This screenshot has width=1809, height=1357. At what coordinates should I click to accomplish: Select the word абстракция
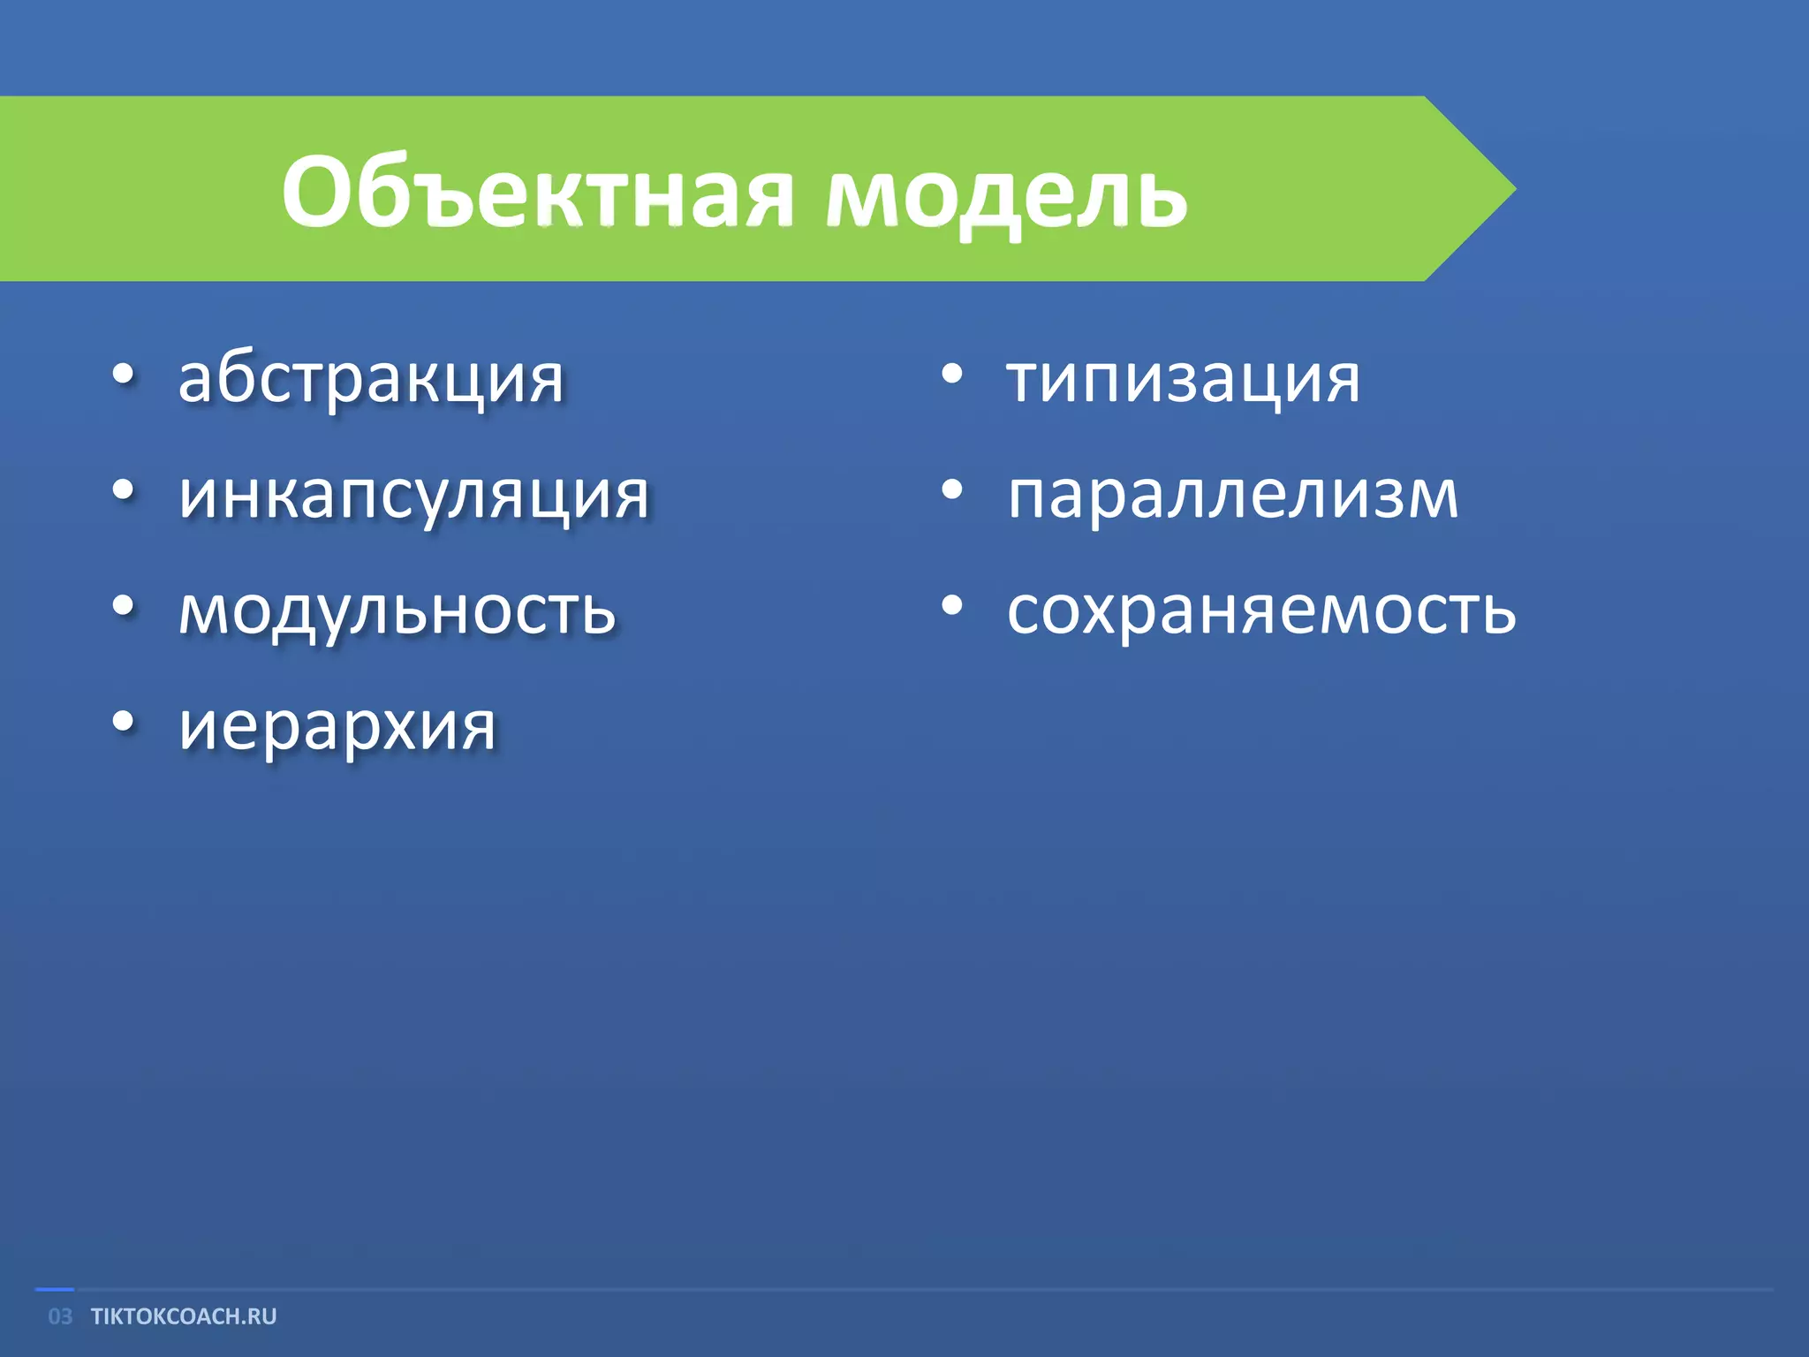[x=371, y=380]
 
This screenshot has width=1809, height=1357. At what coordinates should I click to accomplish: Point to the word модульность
[x=397, y=611]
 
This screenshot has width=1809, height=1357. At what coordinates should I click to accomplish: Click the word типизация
[x=1184, y=380]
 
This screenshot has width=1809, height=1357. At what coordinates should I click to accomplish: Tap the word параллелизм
[x=1232, y=496]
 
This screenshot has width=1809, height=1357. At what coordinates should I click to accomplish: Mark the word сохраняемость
[x=1261, y=611]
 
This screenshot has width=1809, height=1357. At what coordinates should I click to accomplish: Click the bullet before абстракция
[x=124, y=376]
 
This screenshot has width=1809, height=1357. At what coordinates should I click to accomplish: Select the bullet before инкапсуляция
[x=124, y=491]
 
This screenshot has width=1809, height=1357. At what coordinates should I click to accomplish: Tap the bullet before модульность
[x=124, y=607]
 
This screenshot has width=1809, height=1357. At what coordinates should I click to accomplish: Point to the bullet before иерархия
[x=124, y=723]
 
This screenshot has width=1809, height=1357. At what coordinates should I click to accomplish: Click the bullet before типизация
[x=951, y=376]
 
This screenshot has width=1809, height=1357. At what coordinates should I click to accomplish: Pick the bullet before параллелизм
[x=951, y=491]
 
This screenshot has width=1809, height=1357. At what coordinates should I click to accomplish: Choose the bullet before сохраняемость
[x=951, y=607]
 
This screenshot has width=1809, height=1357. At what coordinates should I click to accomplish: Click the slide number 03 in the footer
[x=60, y=1316]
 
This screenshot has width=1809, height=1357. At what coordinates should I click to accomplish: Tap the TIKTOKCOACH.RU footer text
[x=184, y=1316]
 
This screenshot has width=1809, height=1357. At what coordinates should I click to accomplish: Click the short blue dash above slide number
[x=54, y=1290]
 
